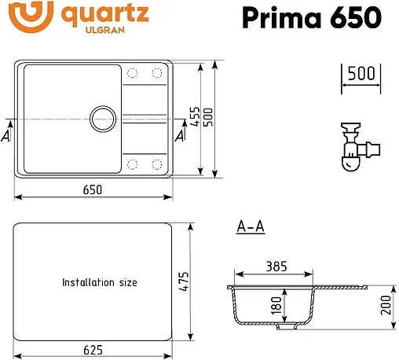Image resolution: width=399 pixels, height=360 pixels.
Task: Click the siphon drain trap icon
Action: (x=357, y=145)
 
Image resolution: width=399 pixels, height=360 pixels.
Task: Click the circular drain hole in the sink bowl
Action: (x=102, y=119)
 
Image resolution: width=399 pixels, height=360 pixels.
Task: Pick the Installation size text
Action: (x=100, y=281)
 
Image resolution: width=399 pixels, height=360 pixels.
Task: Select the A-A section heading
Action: (x=250, y=228)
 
